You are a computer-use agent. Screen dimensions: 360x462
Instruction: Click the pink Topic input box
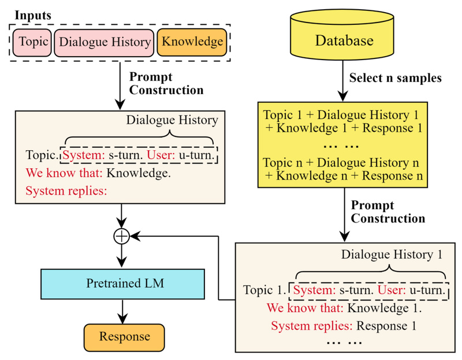[32, 42]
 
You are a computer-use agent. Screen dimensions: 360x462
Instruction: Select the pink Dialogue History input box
[105, 42]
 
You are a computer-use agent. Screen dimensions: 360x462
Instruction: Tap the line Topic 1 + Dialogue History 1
[341, 114]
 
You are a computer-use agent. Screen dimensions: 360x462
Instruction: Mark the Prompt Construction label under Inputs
[165, 83]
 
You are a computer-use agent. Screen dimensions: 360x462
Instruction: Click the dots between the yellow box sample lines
[341, 145]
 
